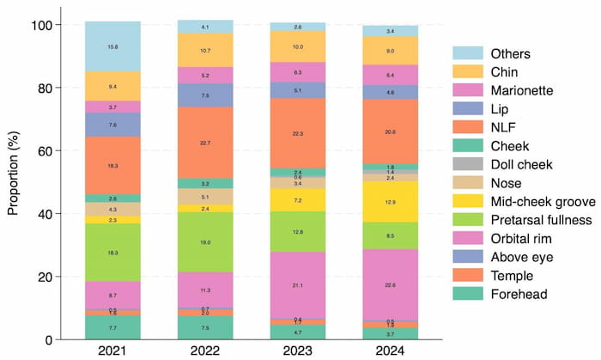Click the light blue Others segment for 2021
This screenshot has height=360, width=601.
(112, 46)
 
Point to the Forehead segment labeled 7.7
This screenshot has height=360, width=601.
(112, 327)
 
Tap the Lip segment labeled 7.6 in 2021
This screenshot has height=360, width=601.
(112, 125)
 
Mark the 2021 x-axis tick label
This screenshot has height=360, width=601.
(112, 351)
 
